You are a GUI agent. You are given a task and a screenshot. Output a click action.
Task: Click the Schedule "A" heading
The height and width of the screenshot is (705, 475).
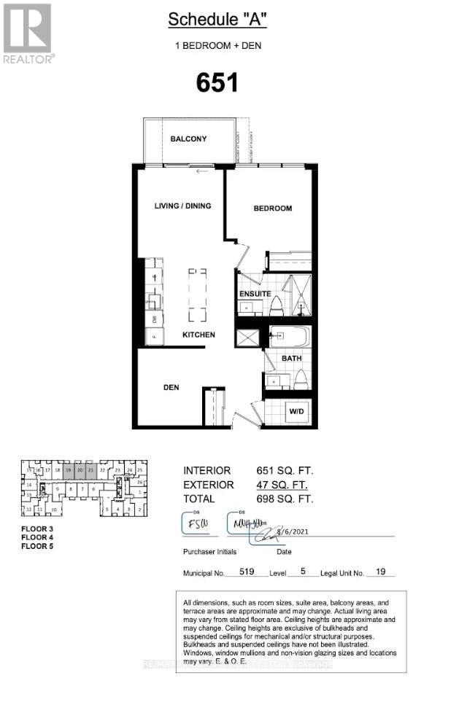217,20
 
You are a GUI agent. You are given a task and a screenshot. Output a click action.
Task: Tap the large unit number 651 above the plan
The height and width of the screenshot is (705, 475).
217,82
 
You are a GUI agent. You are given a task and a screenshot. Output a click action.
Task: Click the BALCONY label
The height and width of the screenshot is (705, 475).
188,139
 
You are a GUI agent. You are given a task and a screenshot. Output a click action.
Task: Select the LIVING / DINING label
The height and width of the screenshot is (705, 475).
182,206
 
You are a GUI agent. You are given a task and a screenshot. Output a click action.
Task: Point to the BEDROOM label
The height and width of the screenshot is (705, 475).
272,209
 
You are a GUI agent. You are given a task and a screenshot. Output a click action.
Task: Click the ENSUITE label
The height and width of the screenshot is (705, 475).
255,294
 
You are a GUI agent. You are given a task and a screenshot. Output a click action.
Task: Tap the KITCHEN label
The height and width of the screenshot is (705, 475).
198,335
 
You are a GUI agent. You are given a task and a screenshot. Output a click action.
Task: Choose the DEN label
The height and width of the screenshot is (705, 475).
171,387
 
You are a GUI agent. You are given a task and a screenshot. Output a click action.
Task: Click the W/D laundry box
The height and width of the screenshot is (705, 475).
296,413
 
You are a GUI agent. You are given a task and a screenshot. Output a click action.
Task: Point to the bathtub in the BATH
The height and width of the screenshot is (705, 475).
290,338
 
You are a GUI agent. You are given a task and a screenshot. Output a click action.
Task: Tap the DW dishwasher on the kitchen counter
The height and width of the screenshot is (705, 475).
155,319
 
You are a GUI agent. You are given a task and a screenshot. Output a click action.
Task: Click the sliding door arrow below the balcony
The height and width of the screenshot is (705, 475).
202,172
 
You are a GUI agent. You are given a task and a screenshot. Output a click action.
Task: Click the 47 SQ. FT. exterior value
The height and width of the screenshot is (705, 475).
281,485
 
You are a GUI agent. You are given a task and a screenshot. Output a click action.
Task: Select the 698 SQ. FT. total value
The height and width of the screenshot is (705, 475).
284,499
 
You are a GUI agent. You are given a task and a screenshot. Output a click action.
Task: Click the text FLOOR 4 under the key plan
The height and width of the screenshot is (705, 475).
37,537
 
